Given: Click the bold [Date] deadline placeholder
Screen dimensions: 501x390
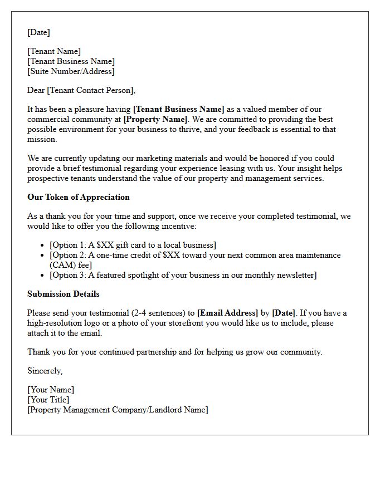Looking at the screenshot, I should pos(284,313).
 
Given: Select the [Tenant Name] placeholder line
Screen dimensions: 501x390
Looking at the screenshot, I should pos(54,51).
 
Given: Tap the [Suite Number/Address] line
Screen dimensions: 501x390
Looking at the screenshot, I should pos(71,71).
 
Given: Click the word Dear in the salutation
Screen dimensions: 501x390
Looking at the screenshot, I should pos(36,90).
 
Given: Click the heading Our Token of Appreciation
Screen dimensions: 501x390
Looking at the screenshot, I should pos(78,197).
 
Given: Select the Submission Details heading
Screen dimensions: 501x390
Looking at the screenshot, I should pos(64,294).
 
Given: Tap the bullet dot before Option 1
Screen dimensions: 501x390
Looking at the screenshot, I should pos(43,245).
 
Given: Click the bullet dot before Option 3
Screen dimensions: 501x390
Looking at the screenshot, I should pos(43,276).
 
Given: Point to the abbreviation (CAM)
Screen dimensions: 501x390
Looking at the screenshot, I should pos(62,265).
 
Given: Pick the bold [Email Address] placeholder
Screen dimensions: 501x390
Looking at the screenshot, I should pos(228,313).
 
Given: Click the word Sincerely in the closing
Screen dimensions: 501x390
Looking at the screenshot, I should pos(45,371).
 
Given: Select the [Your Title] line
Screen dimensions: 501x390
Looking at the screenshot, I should pos(48,400).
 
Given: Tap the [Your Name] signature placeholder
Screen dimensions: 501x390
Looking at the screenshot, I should pos(51,390).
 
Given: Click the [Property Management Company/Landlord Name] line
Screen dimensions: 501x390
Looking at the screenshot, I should pos(118,410).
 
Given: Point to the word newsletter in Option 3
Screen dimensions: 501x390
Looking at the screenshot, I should pos(295,275).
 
